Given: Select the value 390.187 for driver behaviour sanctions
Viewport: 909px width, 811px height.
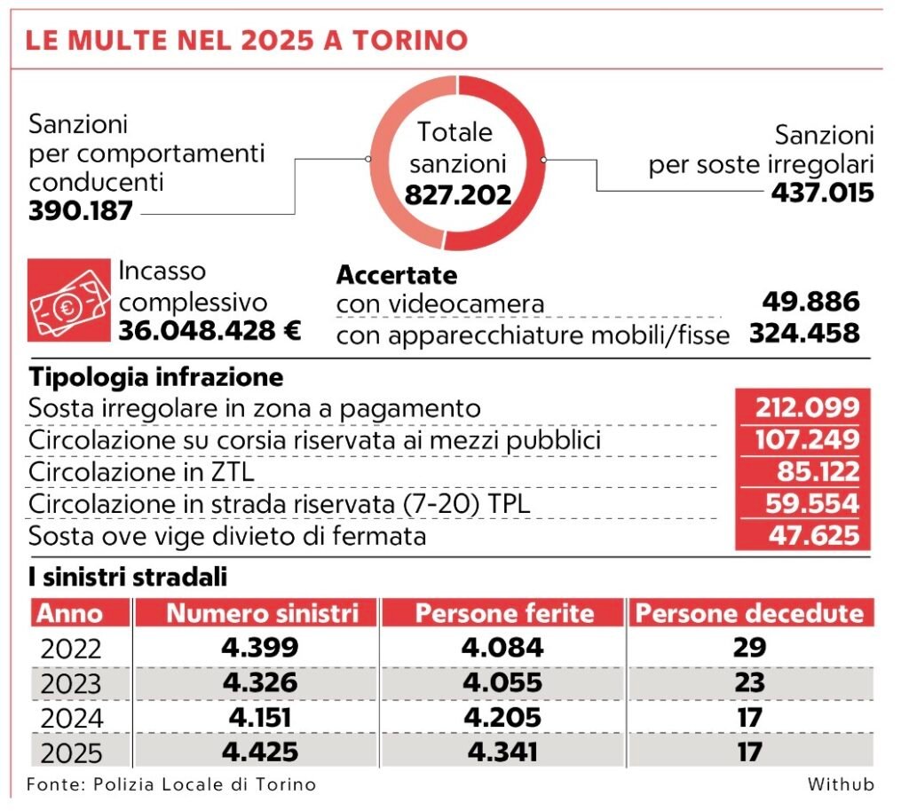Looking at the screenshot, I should coord(81,211).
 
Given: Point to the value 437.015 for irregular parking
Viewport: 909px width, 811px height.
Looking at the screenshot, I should coord(822,193).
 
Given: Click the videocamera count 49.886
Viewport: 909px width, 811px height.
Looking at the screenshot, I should coord(810,302).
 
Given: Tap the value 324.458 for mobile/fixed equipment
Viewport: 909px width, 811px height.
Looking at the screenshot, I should coord(804,334).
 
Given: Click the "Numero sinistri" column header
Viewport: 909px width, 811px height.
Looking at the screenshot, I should coord(263,613).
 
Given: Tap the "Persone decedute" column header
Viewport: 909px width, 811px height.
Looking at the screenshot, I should coord(750,613).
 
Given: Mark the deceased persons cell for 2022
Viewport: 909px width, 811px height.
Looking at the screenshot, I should coord(750,647).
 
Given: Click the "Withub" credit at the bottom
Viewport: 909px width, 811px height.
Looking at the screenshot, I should coord(841,784).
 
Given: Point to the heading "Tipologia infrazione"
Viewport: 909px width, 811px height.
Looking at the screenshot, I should coord(156,377).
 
